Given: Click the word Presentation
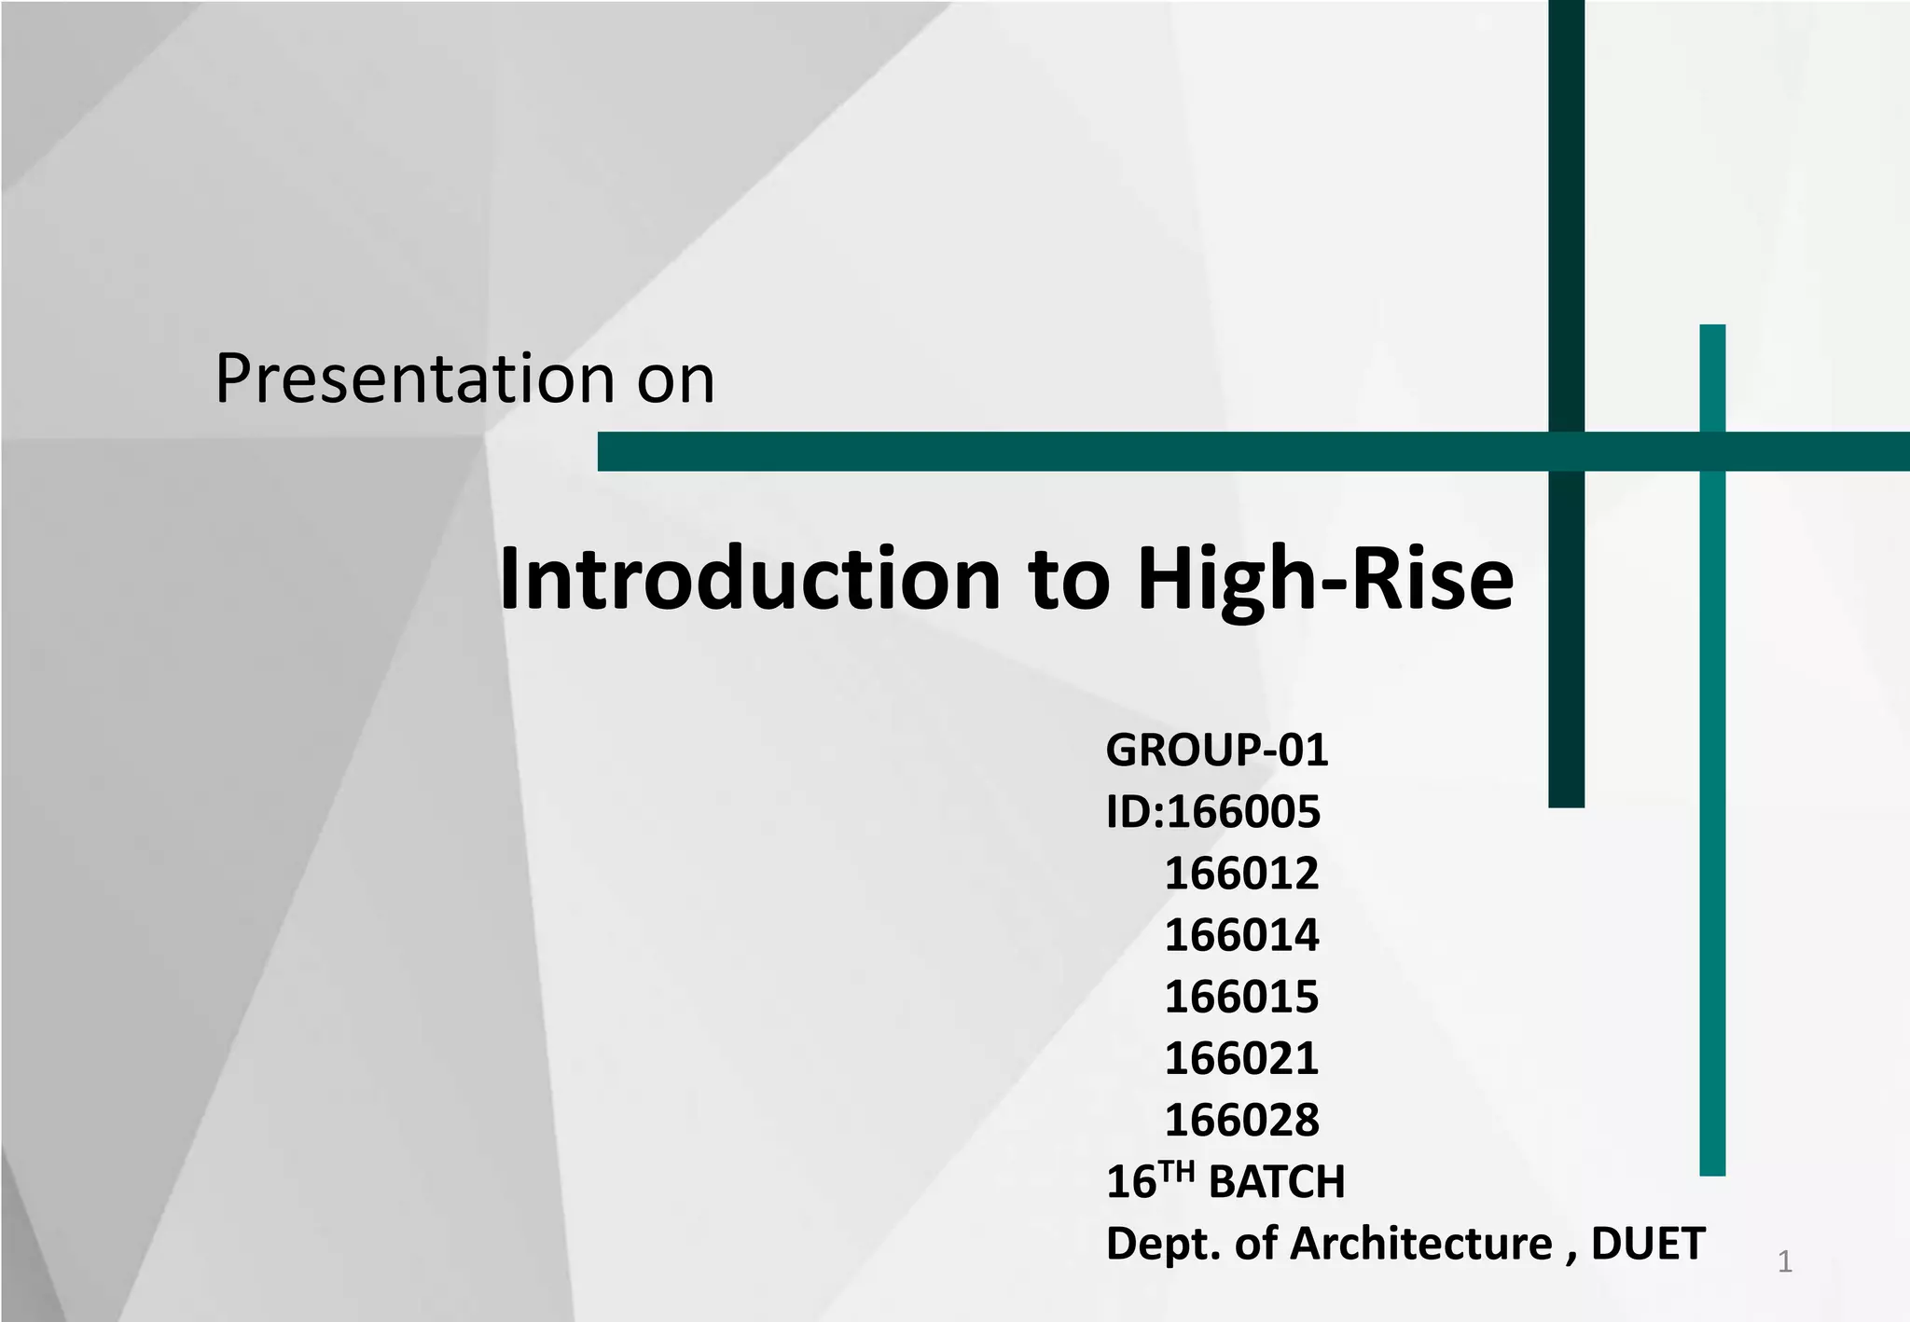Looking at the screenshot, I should click(x=413, y=379).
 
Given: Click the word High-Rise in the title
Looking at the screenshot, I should click(x=1324, y=580).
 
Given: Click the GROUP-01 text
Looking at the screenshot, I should click(x=1216, y=751).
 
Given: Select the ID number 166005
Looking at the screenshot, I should click(x=1243, y=812).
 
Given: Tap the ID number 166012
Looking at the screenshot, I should click(x=1241, y=874).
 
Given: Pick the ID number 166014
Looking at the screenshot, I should click(x=1241, y=935).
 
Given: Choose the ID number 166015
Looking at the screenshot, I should click(x=1241, y=997).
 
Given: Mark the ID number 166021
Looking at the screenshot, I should click(x=1241, y=1058).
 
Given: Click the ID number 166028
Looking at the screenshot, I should click(x=1241, y=1120).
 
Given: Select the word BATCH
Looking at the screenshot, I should click(x=1276, y=1182).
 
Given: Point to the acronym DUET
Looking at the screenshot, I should click(x=1648, y=1244).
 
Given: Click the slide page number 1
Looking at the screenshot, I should click(x=1784, y=1262).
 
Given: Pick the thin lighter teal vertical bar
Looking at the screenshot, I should click(x=1712, y=839).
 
